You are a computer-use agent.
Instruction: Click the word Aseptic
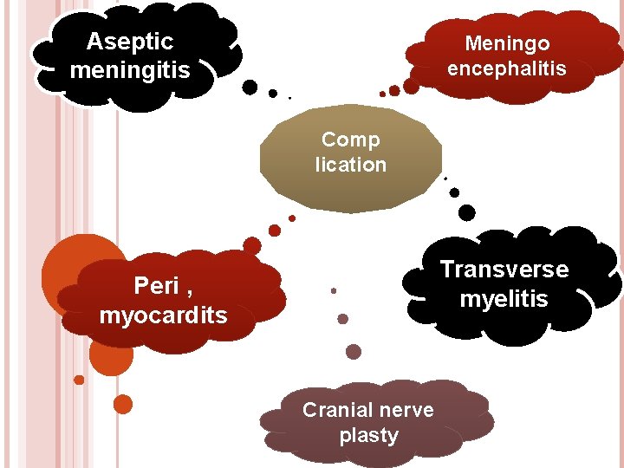130,42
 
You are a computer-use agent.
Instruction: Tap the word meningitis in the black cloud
130,69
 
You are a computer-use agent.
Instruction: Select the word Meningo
507,43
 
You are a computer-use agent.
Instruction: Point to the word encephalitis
507,68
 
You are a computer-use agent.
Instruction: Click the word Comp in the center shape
350,140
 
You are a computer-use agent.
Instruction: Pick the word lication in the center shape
350,165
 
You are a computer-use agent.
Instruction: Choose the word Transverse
504,270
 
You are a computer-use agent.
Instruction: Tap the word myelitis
504,299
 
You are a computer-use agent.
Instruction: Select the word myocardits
163,315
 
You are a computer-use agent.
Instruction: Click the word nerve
406,410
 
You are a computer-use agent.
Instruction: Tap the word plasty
368,435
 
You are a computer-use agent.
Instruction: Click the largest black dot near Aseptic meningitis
250,87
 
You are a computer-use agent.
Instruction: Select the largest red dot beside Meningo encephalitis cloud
412,86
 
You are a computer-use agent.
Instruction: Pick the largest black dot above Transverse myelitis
466,211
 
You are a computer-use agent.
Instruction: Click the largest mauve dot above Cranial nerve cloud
354,352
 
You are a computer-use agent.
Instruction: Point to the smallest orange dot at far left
79,380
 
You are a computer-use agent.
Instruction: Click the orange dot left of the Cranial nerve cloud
123,404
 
